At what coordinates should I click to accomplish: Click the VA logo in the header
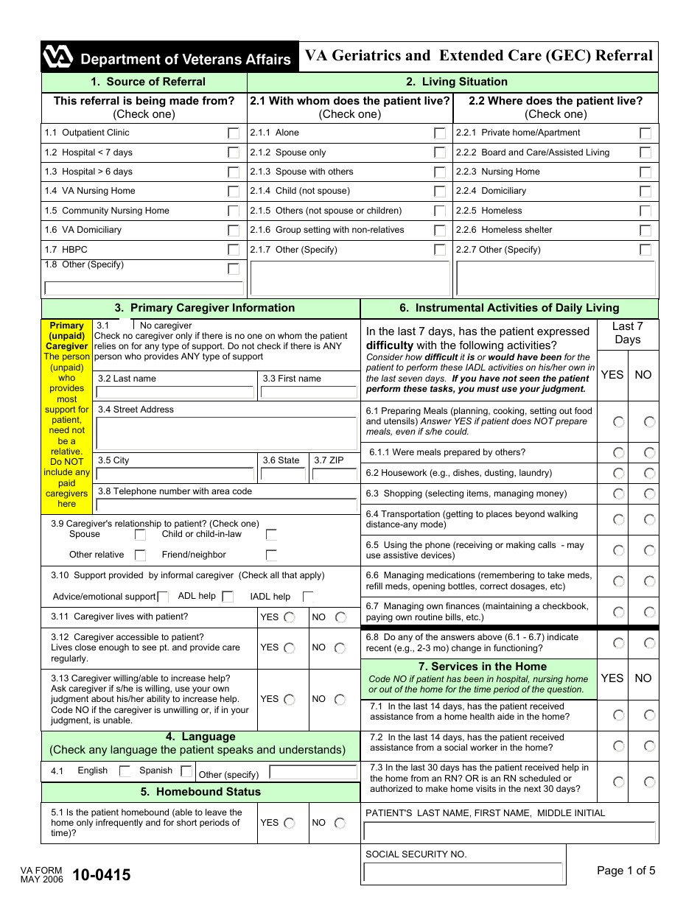(x=58, y=57)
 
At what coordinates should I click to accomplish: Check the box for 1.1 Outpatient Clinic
(x=234, y=133)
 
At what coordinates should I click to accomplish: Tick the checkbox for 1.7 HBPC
(x=234, y=250)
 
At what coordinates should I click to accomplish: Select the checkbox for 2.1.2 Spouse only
(x=440, y=152)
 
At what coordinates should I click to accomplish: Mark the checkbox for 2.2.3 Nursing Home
(x=645, y=172)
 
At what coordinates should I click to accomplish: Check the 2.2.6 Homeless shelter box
(x=645, y=231)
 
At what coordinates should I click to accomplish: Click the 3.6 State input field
(x=283, y=474)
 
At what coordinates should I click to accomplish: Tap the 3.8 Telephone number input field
(x=226, y=505)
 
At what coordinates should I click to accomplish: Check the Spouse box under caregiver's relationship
(x=140, y=535)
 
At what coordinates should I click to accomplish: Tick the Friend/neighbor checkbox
(x=271, y=555)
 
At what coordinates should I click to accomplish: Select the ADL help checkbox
(x=228, y=597)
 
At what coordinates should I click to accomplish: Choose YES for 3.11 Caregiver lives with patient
(x=290, y=617)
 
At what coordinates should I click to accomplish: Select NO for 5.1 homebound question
(x=340, y=824)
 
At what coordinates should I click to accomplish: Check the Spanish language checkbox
(x=186, y=771)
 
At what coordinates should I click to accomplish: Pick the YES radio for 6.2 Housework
(x=619, y=474)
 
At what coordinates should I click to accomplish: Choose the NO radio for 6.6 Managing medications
(x=649, y=581)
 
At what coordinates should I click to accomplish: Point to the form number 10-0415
(x=101, y=875)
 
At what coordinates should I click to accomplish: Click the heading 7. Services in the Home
(x=478, y=667)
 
